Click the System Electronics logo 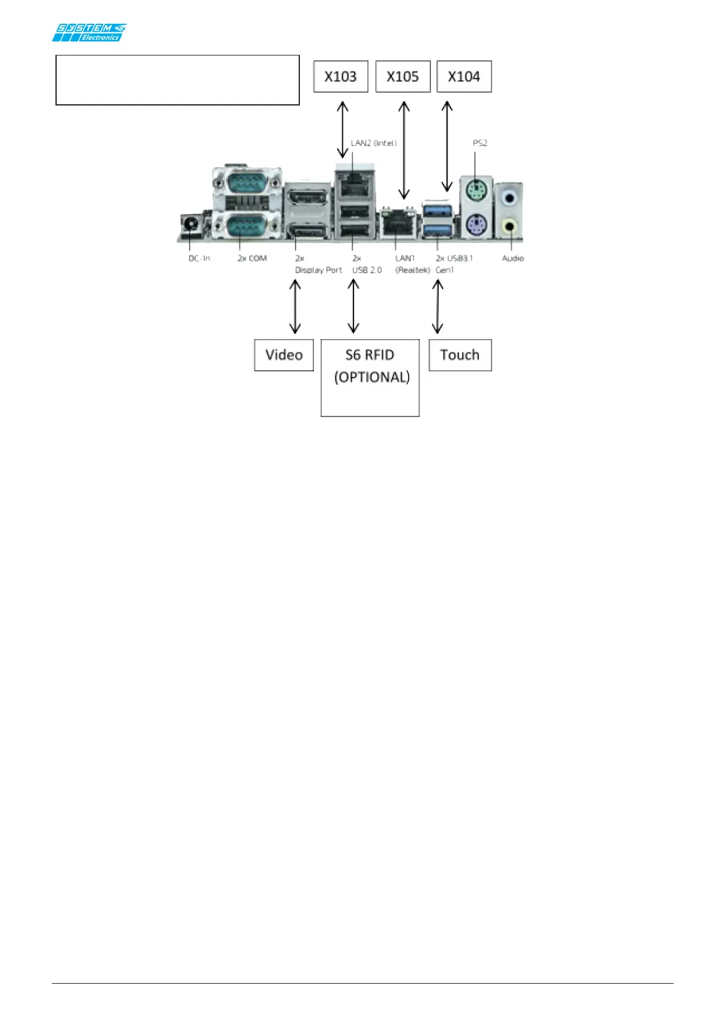pyautogui.click(x=89, y=32)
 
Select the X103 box pyautogui.click(x=341, y=77)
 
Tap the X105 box pyautogui.click(x=403, y=77)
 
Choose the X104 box pyautogui.click(x=464, y=77)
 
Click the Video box pyautogui.click(x=284, y=355)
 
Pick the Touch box pyautogui.click(x=460, y=355)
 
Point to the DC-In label pyautogui.click(x=199, y=259)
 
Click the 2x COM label pyautogui.click(x=252, y=259)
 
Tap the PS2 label pyautogui.click(x=480, y=143)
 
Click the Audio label pyautogui.click(x=513, y=259)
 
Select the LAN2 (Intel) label pyautogui.click(x=374, y=143)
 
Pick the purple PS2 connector pyautogui.click(x=475, y=226)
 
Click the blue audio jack pyautogui.click(x=510, y=197)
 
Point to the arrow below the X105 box pyautogui.click(x=404, y=150)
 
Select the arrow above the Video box pyautogui.click(x=295, y=306)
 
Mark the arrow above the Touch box pyautogui.click(x=437, y=306)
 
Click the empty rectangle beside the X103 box pyautogui.click(x=177, y=80)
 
